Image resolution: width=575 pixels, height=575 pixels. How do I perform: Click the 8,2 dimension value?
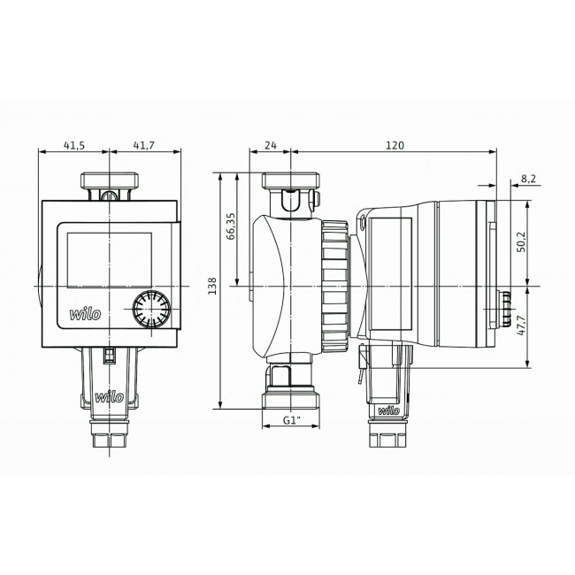529,179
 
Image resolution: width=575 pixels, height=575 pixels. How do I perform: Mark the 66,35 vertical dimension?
231,227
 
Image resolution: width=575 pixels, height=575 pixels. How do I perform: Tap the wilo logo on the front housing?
87,314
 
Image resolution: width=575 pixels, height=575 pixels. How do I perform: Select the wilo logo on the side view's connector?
388,410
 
